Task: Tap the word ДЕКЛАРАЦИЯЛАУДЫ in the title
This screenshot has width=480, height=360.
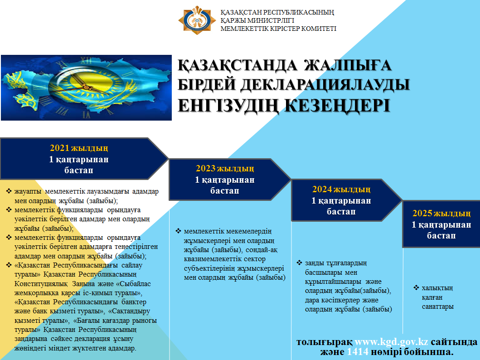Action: [x=320, y=85]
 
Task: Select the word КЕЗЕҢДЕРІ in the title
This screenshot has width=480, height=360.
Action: [x=336, y=105]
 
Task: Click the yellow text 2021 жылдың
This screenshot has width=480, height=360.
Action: [x=79, y=148]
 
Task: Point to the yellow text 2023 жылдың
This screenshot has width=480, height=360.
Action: [x=225, y=169]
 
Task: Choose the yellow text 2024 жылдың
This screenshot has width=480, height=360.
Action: [x=341, y=190]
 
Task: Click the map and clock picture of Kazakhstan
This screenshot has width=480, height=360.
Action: [x=86, y=88]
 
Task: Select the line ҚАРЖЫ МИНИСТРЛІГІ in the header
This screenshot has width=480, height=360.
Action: [x=257, y=20]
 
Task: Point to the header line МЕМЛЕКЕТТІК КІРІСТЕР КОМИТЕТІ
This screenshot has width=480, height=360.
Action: [x=278, y=29]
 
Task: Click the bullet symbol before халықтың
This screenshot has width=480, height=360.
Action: [x=416, y=287]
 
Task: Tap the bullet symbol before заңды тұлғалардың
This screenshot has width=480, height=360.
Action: [x=299, y=263]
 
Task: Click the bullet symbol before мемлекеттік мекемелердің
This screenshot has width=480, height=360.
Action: [x=178, y=231]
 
